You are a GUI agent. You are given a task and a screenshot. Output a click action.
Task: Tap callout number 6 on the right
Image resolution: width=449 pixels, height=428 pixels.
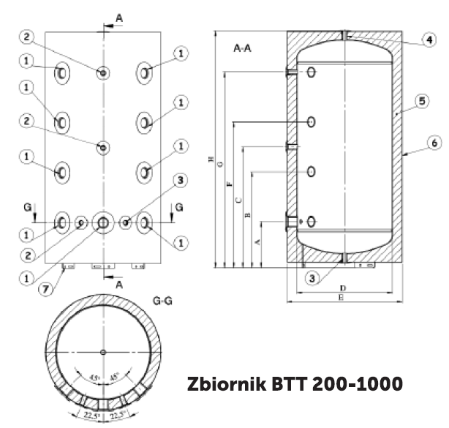click(434, 143)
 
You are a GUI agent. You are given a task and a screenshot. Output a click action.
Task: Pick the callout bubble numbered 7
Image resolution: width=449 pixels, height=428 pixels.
click(45, 289)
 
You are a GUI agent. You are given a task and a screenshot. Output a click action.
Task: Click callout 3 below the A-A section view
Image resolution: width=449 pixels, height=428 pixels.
click(312, 277)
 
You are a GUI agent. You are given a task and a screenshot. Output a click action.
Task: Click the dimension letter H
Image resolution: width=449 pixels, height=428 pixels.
click(211, 158)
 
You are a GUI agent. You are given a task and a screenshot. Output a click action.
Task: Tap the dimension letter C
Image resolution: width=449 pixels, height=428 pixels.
click(238, 200)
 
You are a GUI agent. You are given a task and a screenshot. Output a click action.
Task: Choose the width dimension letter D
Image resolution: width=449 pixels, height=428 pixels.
click(342, 289)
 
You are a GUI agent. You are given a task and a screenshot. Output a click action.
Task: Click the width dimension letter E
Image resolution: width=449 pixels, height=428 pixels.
click(342, 299)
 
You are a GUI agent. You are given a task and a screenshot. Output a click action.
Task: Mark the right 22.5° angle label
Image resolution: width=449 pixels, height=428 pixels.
click(118, 418)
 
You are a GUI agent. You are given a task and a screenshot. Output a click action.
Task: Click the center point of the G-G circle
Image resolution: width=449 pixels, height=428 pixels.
click(102, 353)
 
